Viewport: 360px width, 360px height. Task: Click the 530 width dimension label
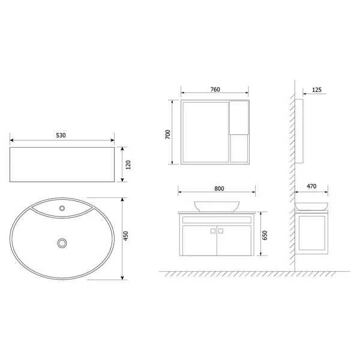click(x=61, y=136)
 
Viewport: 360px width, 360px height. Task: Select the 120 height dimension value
click(x=128, y=164)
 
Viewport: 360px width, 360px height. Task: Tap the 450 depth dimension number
click(x=127, y=238)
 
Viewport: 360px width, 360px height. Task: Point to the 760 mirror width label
click(x=215, y=89)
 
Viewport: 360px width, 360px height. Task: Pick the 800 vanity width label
click(x=218, y=188)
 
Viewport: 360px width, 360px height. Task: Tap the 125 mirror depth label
click(x=317, y=89)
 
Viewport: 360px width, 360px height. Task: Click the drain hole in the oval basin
click(x=61, y=243)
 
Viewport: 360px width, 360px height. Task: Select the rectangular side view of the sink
click(x=61, y=164)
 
